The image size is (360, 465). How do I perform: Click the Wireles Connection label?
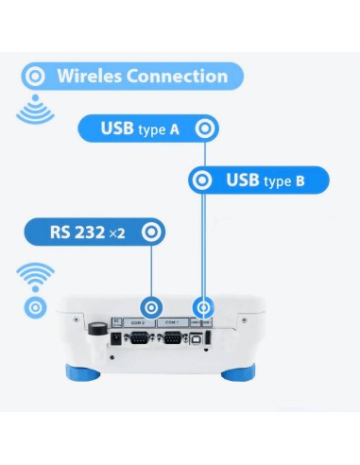click(142, 77)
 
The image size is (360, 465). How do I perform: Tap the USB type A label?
click(141, 128)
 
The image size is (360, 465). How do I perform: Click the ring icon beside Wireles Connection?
click(36, 77)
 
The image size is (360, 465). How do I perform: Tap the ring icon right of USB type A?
click(203, 128)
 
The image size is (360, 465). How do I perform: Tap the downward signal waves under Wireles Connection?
click(35, 112)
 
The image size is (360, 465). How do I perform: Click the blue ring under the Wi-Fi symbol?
click(35, 307)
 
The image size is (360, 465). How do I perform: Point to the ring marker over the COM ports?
click(150, 308)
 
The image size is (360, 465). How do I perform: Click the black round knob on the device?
click(96, 329)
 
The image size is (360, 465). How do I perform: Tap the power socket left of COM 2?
click(116, 338)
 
